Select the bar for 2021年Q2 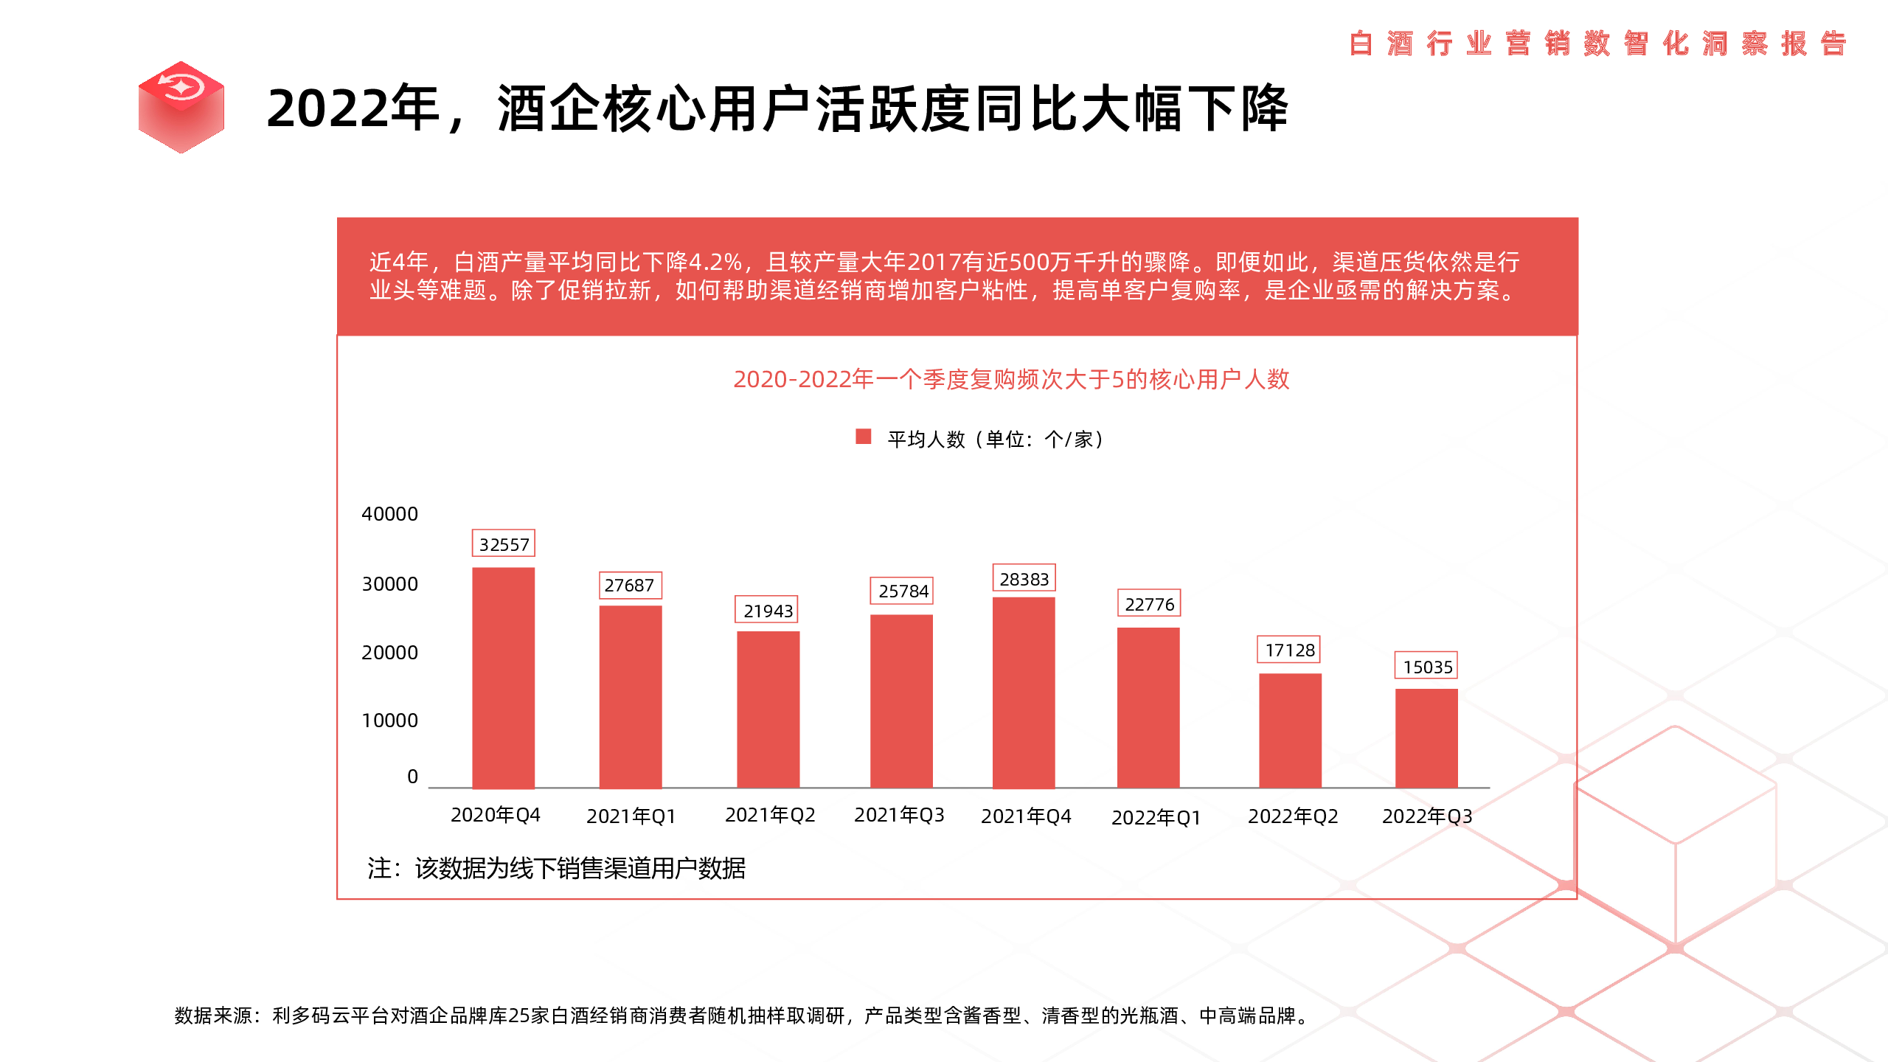click(x=768, y=709)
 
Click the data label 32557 click(x=504, y=544)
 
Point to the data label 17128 click(x=1289, y=650)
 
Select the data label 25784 click(x=902, y=591)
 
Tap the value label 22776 click(x=1149, y=604)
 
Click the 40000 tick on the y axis click(x=389, y=514)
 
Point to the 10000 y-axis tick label click(x=389, y=721)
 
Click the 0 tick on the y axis click(x=412, y=777)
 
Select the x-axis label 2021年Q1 click(x=631, y=816)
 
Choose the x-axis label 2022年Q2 click(x=1292, y=816)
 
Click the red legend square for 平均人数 click(x=863, y=437)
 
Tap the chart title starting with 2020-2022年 click(x=1010, y=379)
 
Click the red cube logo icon click(x=181, y=107)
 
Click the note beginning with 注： click(x=556, y=868)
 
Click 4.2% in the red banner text click(x=715, y=262)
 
